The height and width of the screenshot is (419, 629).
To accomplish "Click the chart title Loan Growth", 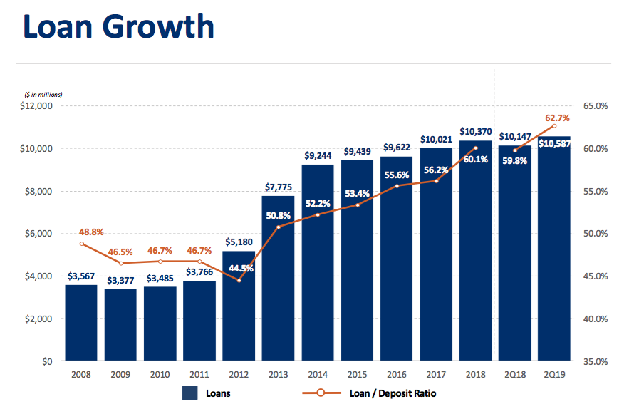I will point(118,26).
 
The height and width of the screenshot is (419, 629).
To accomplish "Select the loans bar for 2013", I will point(278,278).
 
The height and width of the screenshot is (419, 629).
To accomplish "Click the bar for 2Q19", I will point(554,249).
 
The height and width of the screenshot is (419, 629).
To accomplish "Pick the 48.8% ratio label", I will point(81,232).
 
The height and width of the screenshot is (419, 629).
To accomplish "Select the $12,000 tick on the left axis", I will point(38,106).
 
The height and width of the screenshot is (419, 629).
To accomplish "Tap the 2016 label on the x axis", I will point(397,375).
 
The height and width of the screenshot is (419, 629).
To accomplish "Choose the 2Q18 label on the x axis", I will point(515,375).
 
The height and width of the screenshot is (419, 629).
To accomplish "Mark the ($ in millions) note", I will point(43,95).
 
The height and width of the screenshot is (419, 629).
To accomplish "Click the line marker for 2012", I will point(239,280).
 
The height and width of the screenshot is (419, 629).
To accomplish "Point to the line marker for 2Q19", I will point(554,126).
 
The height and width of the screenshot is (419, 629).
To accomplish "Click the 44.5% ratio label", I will point(240,269).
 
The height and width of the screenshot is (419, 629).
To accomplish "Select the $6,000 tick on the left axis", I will point(41,234).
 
